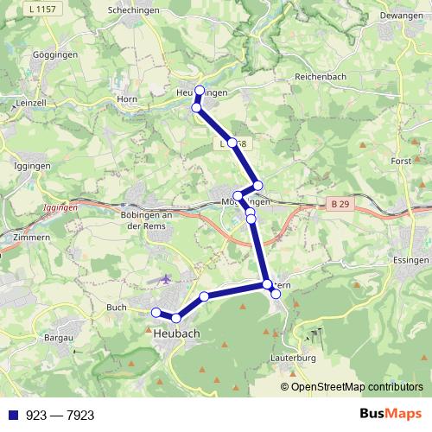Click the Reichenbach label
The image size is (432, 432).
click(321, 77)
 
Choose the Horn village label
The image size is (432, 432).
click(128, 98)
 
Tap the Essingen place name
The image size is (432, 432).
click(410, 259)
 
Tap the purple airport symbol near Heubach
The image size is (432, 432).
click(166, 279)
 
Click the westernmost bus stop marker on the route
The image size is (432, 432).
click(156, 312)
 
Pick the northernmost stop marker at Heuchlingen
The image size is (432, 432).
click(200, 91)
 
